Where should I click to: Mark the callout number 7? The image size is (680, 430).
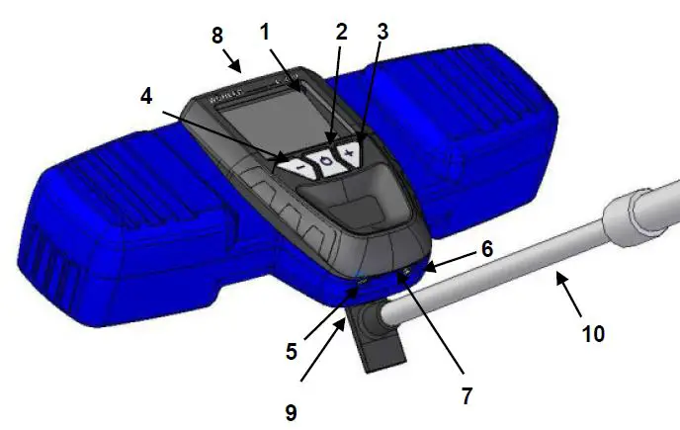click(467, 395)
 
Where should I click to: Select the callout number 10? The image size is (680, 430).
click(593, 334)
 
